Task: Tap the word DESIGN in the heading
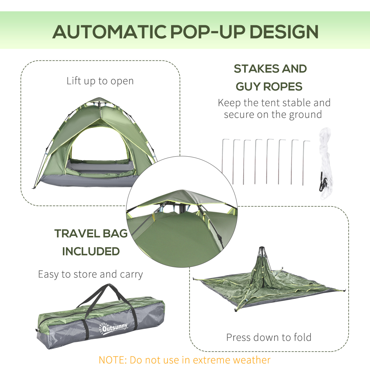[x=284, y=32]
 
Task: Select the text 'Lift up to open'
[x=100, y=81]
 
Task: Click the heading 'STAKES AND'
[x=270, y=69]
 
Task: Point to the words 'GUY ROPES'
[x=269, y=87]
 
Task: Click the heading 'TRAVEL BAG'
[x=91, y=233]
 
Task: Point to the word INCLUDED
[x=91, y=251]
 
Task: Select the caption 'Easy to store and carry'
[x=90, y=274]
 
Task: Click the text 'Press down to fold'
[x=269, y=337]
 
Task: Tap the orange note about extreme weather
[x=184, y=360]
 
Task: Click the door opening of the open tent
[x=99, y=145]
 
